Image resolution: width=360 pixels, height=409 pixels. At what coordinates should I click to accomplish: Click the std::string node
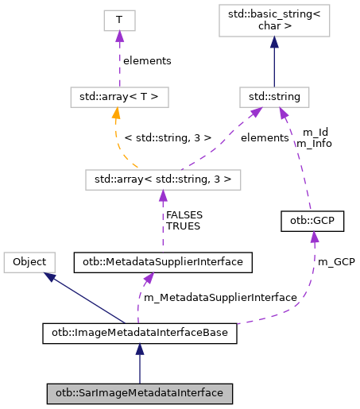273,98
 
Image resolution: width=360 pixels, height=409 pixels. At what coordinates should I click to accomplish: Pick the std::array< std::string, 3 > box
163,179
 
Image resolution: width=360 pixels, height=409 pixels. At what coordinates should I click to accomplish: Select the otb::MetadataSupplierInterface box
163,260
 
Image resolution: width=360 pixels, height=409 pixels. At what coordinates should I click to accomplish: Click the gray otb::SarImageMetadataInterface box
139,392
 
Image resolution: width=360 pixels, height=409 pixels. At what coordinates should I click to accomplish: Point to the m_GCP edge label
335,261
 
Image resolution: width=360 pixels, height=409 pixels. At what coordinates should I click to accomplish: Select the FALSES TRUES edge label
183,220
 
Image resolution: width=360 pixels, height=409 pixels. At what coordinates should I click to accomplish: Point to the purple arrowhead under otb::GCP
315,237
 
